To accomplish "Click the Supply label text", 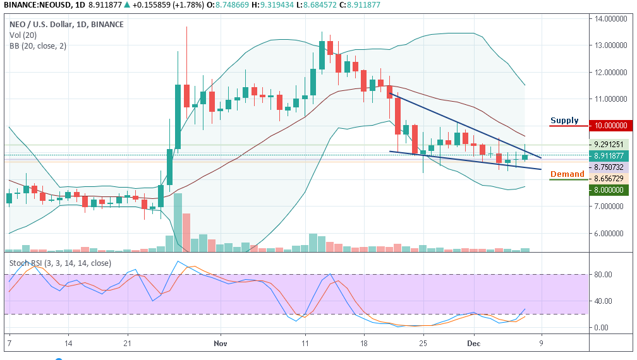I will click(x=564, y=121).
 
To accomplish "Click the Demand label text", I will click(x=567, y=174).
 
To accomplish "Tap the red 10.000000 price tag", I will click(x=611, y=126).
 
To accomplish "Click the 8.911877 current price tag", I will click(x=610, y=155).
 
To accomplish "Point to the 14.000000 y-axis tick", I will click(x=612, y=19).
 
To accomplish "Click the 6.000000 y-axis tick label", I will click(x=612, y=233).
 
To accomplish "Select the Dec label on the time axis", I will click(x=474, y=344).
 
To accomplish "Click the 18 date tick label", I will click(x=364, y=344).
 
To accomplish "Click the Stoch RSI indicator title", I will click(x=61, y=263).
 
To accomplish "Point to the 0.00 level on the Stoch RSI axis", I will click(x=602, y=327).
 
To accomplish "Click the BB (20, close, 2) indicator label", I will click(x=37, y=45).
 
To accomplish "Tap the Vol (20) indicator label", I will click(x=22, y=35).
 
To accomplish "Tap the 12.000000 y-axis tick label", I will click(x=612, y=72).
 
